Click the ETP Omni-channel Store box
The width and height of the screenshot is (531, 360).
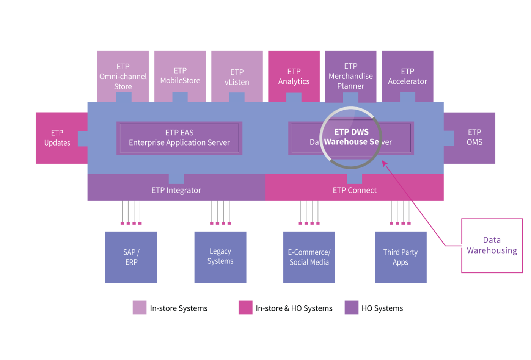(x=123, y=77)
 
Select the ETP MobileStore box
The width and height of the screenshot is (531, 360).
(x=180, y=77)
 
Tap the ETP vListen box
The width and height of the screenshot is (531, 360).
(x=237, y=77)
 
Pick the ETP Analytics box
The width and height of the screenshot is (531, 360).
(x=294, y=77)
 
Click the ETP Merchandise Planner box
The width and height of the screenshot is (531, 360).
(x=350, y=77)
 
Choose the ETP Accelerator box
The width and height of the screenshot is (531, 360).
(x=407, y=77)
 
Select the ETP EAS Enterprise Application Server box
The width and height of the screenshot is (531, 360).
(x=179, y=138)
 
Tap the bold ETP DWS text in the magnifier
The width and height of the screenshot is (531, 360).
(x=351, y=132)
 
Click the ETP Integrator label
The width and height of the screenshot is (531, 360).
(x=176, y=190)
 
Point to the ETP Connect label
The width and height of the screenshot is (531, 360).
(x=355, y=190)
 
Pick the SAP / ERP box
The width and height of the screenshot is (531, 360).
(x=131, y=257)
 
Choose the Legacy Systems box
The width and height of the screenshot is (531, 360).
(x=220, y=257)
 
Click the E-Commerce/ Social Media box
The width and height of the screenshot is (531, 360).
(x=309, y=257)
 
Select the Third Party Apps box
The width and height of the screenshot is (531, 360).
(x=401, y=257)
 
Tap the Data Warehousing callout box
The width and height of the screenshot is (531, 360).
(x=492, y=246)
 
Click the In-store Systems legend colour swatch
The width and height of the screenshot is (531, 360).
(x=140, y=307)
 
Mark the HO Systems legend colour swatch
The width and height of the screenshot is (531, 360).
(x=351, y=307)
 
